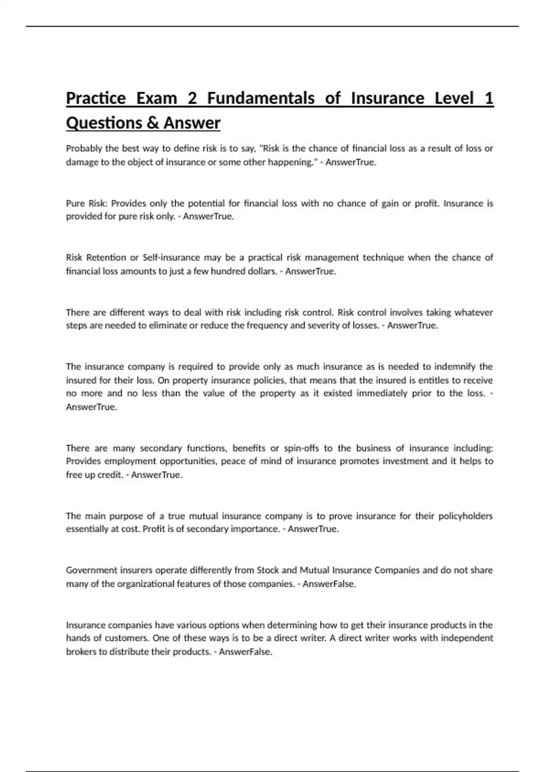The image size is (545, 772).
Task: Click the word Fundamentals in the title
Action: (261, 98)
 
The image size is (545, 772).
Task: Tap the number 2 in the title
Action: (192, 98)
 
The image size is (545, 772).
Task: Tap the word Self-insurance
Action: (171, 257)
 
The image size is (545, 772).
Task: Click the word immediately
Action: (381, 393)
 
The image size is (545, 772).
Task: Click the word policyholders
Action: (466, 516)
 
